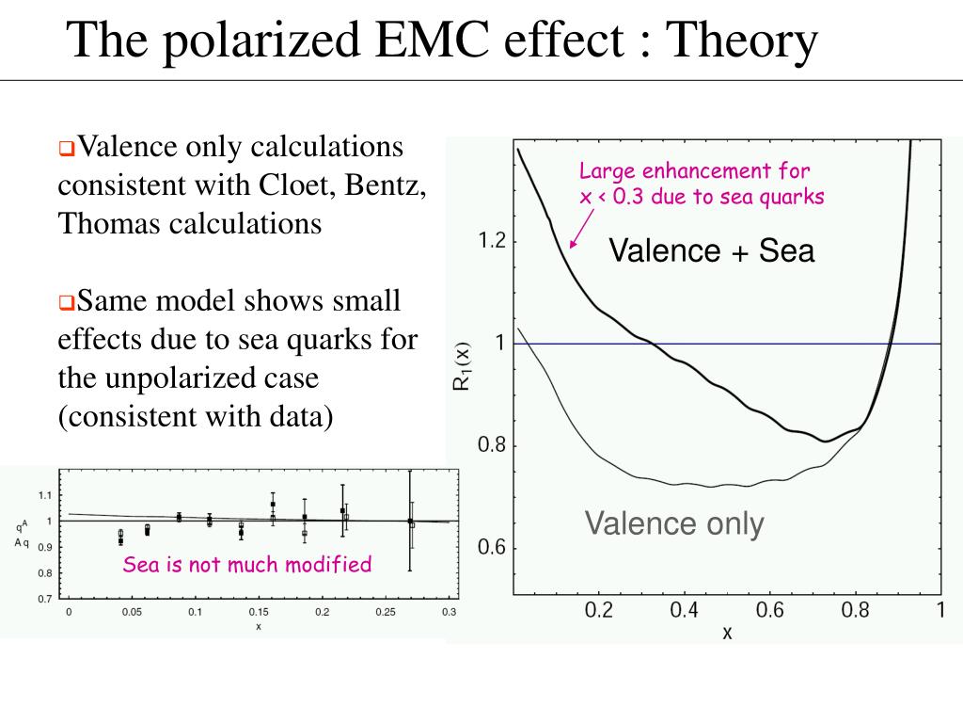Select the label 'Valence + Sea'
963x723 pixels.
(x=711, y=250)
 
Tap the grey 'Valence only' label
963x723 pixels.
(x=674, y=523)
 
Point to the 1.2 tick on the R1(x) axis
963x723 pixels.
(x=492, y=241)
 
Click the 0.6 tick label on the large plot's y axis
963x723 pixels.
(x=492, y=548)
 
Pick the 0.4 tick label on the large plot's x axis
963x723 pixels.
(x=685, y=610)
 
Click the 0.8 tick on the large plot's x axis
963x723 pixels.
(x=855, y=610)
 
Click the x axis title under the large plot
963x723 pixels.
(x=727, y=633)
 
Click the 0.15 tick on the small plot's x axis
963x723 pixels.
(x=258, y=613)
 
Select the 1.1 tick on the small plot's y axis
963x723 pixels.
(x=45, y=495)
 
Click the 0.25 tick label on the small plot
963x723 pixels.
(x=386, y=613)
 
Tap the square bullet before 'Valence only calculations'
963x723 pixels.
(x=66, y=149)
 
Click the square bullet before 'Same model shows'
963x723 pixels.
(x=66, y=303)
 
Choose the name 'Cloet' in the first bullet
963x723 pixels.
(x=291, y=185)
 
